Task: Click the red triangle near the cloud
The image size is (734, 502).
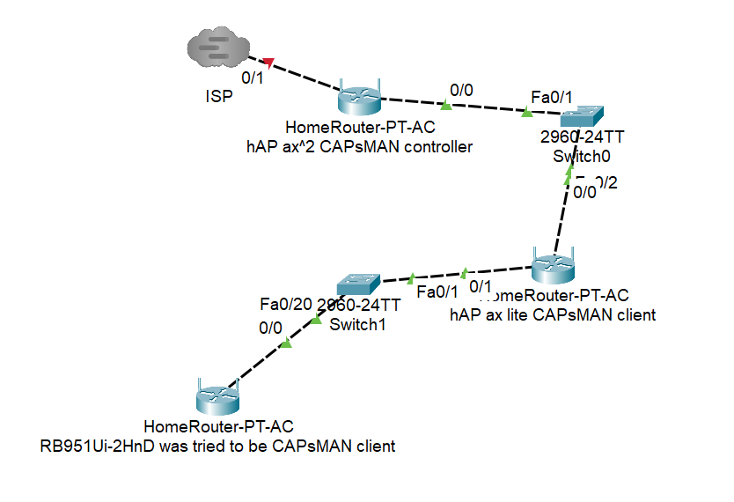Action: tap(270, 63)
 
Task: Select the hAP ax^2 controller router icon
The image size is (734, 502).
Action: tap(359, 100)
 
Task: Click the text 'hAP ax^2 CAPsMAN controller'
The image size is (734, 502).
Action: tap(359, 146)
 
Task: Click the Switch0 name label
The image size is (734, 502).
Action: tap(582, 156)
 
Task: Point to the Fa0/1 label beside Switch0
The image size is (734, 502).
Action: tap(552, 96)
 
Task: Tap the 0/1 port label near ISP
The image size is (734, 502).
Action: tap(253, 78)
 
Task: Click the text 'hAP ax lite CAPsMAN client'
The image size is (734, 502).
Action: tap(553, 314)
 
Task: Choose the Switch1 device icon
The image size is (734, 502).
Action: tap(359, 284)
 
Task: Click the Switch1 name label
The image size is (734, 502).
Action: tap(359, 324)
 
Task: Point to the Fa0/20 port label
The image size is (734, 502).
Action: tap(286, 305)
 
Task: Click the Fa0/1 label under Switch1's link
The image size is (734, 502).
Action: tap(437, 292)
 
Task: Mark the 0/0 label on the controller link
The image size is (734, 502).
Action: tap(461, 90)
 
